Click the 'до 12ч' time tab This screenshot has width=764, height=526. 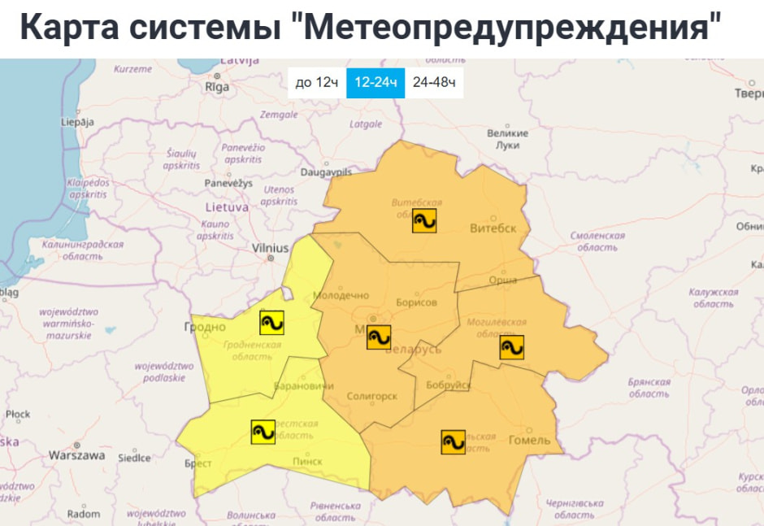point(316,82)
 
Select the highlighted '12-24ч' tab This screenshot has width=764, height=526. point(375,82)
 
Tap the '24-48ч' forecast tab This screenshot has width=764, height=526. point(434,82)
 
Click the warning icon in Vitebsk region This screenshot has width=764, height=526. point(424,220)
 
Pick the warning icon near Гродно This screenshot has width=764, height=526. point(272,323)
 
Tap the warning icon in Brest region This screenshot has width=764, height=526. point(263,432)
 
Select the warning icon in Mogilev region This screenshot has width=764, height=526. point(512,347)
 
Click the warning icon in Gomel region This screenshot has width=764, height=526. point(454,441)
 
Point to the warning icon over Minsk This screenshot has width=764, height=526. point(379,337)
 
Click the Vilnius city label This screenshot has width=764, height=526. point(270,248)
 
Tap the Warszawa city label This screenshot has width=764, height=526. point(76,455)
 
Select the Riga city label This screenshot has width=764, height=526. point(217,86)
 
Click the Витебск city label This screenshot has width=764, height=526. point(493,228)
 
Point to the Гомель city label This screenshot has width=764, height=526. point(529,441)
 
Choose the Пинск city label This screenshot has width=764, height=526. point(307,461)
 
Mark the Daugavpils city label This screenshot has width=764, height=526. point(326,172)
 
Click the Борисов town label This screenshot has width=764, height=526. point(416,302)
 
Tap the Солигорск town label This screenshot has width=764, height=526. point(371,396)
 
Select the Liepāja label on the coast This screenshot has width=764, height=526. point(78,122)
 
